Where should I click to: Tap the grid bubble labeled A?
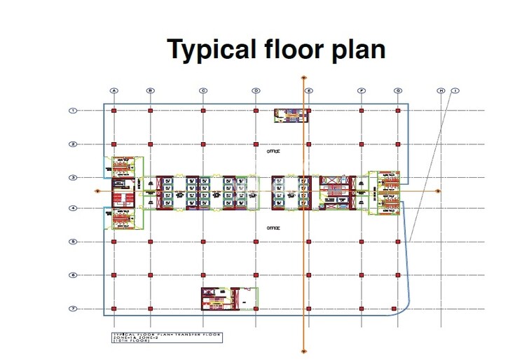[114, 90]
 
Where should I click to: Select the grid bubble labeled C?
[203, 90]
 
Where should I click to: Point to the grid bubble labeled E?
[309, 90]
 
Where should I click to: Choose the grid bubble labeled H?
[441, 90]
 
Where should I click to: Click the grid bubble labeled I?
[455, 90]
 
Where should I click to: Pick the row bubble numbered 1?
[72, 110]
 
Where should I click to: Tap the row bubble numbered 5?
[72, 242]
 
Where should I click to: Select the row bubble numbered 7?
[72, 309]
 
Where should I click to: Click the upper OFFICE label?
[273, 151]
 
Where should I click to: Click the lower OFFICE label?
[273, 228]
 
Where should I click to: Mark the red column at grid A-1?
[114, 111]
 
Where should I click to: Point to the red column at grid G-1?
[398, 111]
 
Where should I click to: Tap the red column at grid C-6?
[203, 275]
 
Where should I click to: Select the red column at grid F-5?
[362, 242]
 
